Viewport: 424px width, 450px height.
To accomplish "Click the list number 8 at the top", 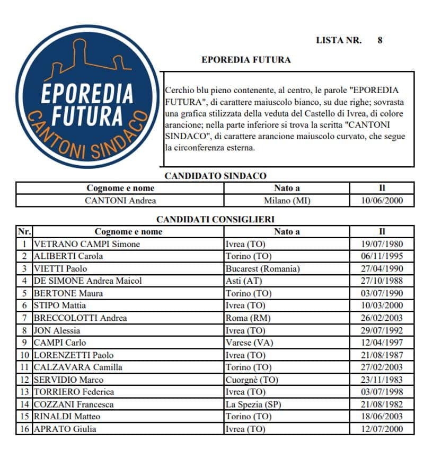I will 379,40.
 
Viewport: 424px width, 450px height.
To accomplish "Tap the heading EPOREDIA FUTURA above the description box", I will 246,60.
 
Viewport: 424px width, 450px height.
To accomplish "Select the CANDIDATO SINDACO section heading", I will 215,176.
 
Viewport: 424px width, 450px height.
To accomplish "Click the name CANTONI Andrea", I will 120,201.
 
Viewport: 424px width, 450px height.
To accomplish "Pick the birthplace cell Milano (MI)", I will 287,201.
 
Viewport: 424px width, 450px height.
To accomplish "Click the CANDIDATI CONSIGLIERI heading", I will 215,219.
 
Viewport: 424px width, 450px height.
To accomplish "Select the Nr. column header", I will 24,231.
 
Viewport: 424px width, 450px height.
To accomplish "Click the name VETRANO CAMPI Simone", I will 87,244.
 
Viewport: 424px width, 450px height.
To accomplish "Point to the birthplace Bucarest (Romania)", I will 263,268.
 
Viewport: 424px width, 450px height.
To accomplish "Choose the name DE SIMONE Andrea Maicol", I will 88,281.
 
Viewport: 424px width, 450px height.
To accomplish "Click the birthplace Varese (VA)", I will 249,343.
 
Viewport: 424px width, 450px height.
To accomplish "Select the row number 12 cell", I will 24,380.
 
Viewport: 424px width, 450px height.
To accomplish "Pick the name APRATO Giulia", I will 65,429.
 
